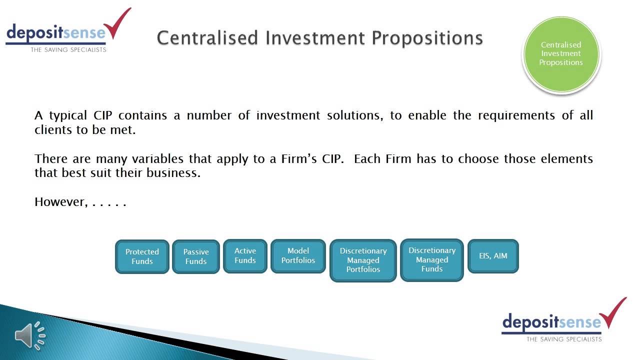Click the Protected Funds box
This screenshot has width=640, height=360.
point(142,256)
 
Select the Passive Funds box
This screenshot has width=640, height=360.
point(196,256)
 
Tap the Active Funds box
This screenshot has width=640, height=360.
point(245,255)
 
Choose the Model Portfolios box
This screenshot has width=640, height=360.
point(298,255)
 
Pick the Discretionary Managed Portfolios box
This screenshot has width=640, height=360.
point(363,260)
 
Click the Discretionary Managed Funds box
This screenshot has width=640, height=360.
point(432,259)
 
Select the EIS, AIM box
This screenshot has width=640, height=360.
point(493,255)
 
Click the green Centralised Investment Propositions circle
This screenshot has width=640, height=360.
point(561,54)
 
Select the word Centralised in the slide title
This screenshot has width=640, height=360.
point(208,38)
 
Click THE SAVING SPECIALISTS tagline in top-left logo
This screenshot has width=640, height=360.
point(68,49)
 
